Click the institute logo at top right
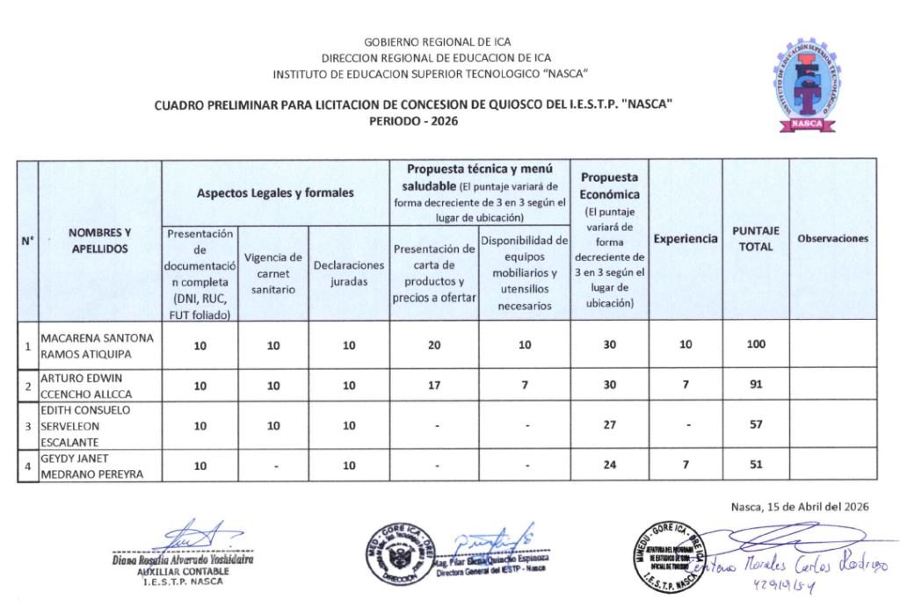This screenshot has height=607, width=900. coord(805,85)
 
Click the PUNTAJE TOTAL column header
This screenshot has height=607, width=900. coord(755,239)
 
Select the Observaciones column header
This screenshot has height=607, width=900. coord(832,239)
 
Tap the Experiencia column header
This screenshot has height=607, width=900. coord(685,239)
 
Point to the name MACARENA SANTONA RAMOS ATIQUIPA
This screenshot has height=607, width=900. coord(98,345)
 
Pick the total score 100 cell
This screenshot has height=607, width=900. coord(756,345)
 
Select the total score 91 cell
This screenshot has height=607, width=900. coord(756,385)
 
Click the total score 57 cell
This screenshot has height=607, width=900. coord(756,425)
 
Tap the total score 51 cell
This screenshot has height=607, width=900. coord(756,466)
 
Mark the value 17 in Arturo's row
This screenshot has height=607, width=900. coord(434,385)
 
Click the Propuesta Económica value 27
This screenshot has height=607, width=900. coord(609,425)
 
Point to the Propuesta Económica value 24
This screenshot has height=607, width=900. coord(609,466)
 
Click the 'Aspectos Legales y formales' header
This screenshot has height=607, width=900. coord(275,192)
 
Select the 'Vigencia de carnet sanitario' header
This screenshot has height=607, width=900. coord(273,273)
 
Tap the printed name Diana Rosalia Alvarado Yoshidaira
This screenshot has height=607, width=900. coord(183,560)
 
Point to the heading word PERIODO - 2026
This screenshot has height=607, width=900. coord(414,121)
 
